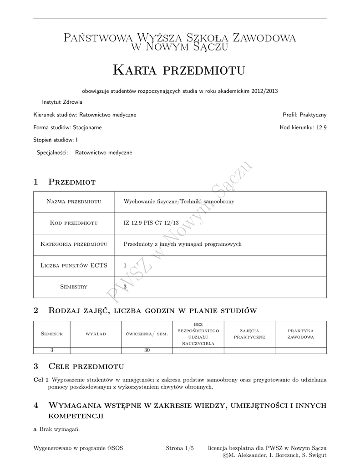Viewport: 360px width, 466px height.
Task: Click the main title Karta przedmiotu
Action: click(179, 71)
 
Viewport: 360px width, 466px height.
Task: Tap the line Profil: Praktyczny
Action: click(304, 115)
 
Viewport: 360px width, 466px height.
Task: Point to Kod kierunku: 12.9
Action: click(303, 127)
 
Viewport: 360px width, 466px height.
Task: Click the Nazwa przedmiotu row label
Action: click(74, 202)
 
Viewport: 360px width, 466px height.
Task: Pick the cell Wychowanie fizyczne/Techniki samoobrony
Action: click(179, 202)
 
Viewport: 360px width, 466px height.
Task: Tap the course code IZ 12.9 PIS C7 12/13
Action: click(151, 223)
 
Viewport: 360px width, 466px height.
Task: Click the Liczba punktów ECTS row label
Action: click(74, 266)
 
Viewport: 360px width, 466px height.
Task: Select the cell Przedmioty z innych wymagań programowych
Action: click(183, 244)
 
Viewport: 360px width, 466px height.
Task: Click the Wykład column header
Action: click(96, 334)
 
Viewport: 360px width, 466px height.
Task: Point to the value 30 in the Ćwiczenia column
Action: click(147, 350)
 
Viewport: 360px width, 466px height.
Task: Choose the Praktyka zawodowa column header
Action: click(300, 334)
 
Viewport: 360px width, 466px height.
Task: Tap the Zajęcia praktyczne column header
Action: click(249, 334)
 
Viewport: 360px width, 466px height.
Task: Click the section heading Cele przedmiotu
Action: click(86, 366)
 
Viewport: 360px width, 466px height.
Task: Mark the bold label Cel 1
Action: click(41, 380)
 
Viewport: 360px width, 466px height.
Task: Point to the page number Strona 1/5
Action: click(180, 448)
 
